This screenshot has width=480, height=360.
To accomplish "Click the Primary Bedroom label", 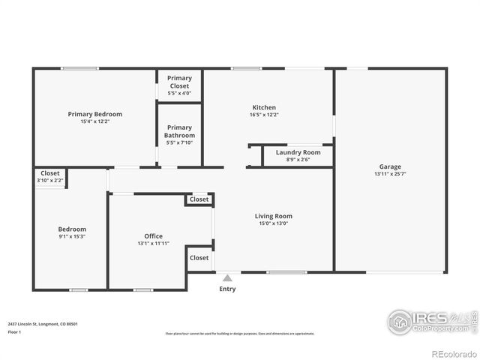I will click(94, 114).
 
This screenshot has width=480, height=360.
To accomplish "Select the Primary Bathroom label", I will click(179, 131).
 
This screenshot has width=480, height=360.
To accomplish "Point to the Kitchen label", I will click(263, 107).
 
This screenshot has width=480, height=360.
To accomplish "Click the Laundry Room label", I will click(298, 152).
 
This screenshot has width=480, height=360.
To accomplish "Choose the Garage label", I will click(390, 166).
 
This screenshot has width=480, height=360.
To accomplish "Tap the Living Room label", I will click(273, 216).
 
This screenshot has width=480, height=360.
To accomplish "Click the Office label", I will click(153, 236).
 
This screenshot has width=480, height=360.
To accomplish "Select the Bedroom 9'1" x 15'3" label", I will click(72, 229).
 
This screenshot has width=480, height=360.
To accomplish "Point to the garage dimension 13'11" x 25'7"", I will click(390, 174).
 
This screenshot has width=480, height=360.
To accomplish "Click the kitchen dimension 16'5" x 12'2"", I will click(263, 115).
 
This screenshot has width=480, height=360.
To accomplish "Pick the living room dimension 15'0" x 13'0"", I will click(273, 223).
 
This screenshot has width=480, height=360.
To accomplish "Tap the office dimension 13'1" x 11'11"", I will click(153, 244).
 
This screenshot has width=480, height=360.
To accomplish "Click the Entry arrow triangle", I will click(227, 277).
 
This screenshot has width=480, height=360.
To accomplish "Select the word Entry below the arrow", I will click(227, 289).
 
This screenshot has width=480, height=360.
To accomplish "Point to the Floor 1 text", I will click(14, 331).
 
